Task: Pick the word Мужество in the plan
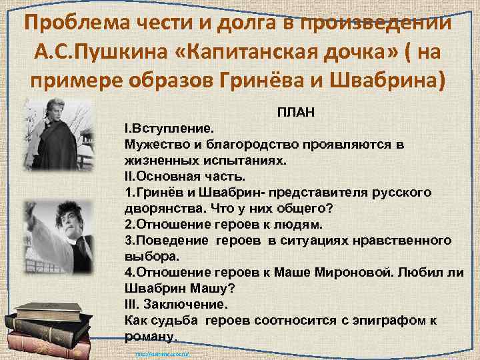pos(155,143)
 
